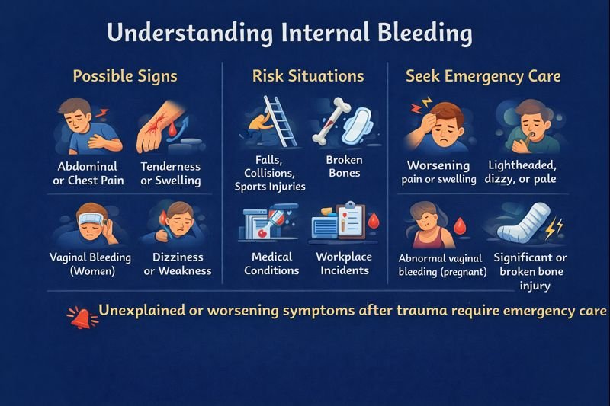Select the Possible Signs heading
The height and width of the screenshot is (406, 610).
coord(125,76)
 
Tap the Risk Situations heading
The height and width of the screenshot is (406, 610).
coord(308,76)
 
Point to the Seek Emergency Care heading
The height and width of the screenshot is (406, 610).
coord(483,76)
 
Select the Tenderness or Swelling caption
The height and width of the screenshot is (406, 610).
coord(171,174)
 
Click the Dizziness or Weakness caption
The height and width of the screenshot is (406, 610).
coord(177,264)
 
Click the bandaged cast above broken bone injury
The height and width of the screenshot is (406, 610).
coord(521,225)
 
